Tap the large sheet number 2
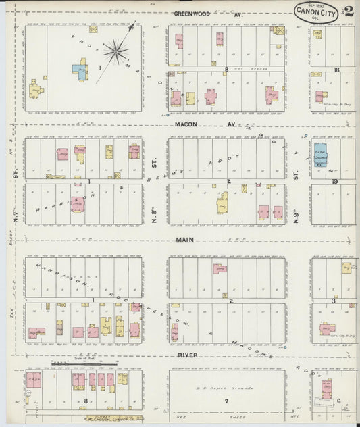[x=349, y=11]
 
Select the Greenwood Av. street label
[x=197, y=13]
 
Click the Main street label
[x=185, y=240]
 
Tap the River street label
[x=188, y=355]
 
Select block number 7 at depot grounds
[x=227, y=401]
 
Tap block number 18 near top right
[x=335, y=70]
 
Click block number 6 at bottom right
[x=338, y=401]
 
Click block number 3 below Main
[x=334, y=301]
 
